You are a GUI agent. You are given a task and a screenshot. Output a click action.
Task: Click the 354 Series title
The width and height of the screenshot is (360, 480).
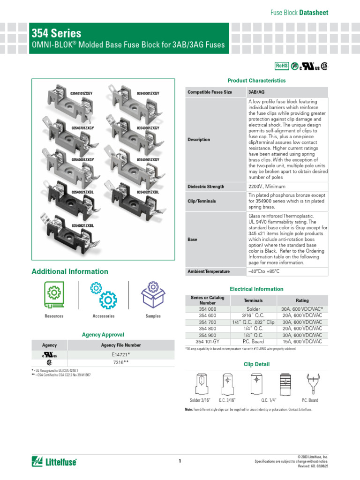[x=56, y=33]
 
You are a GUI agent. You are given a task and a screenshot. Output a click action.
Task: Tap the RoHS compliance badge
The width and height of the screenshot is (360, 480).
[x=281, y=66]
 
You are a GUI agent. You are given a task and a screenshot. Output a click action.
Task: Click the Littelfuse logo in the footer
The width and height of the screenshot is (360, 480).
[x=54, y=461]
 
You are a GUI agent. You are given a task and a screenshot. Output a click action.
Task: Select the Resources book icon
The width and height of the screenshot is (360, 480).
[x=54, y=296]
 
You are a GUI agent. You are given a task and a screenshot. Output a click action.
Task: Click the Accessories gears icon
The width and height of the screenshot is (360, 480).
[x=104, y=295]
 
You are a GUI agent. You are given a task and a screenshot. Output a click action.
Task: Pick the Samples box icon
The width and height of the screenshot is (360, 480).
[x=153, y=295]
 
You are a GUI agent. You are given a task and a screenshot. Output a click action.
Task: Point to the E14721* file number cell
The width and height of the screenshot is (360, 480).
[x=120, y=355]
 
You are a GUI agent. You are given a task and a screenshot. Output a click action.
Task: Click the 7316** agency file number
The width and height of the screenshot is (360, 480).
[x=120, y=362]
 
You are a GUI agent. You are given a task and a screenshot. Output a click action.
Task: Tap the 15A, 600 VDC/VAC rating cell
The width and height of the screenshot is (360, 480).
[x=302, y=342]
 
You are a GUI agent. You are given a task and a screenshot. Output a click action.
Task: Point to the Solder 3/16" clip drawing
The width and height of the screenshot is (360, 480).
[x=201, y=385]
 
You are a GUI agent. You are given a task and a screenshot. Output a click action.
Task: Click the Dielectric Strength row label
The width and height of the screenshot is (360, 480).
[x=206, y=187]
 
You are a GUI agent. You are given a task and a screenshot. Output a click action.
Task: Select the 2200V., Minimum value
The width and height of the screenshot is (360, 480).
[x=266, y=187]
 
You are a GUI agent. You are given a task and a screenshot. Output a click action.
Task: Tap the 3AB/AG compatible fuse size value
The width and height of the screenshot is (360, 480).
[x=256, y=92]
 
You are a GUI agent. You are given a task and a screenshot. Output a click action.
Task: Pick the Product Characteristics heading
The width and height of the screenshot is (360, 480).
[x=256, y=81]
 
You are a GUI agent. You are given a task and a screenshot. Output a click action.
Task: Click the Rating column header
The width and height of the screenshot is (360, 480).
[x=302, y=300]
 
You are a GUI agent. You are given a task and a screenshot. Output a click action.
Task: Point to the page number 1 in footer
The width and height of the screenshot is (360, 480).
[x=180, y=461]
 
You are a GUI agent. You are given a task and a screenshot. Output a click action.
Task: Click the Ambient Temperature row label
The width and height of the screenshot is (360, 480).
[x=209, y=271]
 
